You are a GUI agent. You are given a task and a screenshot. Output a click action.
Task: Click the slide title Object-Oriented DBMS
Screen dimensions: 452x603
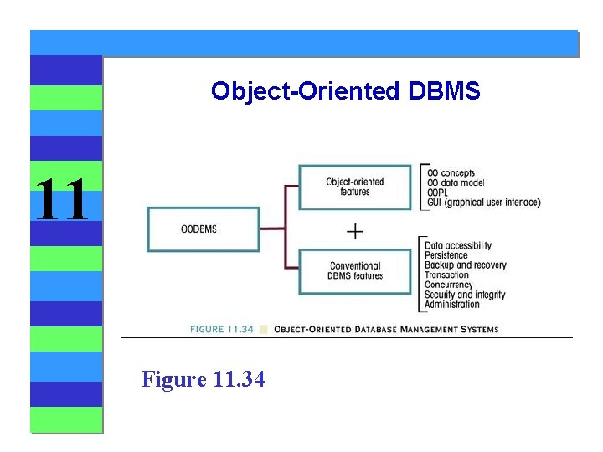pyautogui.click(x=345, y=90)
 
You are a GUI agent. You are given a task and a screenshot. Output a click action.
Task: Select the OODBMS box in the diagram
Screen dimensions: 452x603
pyautogui.click(x=198, y=229)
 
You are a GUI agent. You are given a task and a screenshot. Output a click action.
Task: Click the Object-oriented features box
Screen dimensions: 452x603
pyautogui.click(x=355, y=187)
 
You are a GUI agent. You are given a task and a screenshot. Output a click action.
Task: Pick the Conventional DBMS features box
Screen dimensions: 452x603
pyautogui.click(x=355, y=271)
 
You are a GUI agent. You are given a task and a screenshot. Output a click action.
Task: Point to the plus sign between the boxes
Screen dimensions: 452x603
pyautogui.click(x=355, y=230)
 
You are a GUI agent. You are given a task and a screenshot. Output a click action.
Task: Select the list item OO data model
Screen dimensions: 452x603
pyautogui.click(x=455, y=182)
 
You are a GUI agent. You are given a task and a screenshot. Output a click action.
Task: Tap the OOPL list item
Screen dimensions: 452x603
pyautogui.click(x=437, y=193)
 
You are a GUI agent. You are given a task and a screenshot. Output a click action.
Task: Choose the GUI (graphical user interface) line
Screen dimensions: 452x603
pyautogui.click(x=483, y=203)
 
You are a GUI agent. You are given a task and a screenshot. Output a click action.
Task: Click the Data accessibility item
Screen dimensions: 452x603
pyautogui.click(x=457, y=245)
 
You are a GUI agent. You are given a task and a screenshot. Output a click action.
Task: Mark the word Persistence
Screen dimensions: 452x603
pyautogui.click(x=446, y=255)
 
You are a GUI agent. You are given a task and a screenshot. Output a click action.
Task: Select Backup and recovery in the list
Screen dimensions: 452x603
pyautogui.click(x=465, y=265)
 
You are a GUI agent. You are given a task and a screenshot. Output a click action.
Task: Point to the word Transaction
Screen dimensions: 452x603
pyautogui.click(x=446, y=275)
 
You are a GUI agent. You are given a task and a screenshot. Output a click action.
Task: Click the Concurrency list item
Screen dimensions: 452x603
pyautogui.click(x=448, y=285)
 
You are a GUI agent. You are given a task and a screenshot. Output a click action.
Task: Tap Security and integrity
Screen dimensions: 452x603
pyautogui.click(x=465, y=295)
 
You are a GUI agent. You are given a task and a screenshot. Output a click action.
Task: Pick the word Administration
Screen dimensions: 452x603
pyautogui.click(x=451, y=305)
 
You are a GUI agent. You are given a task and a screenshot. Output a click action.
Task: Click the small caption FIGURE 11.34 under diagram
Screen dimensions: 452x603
pyautogui.click(x=221, y=329)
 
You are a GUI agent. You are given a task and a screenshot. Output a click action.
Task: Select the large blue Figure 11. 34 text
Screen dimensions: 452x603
pyautogui.click(x=204, y=379)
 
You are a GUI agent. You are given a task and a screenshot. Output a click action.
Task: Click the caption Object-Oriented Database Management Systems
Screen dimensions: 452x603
pyautogui.click(x=386, y=329)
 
